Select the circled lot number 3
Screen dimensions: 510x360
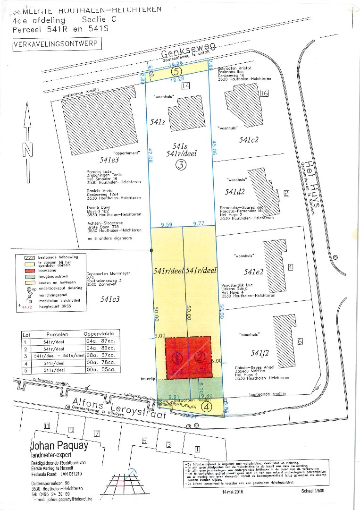(181, 165)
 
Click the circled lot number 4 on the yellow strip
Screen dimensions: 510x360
(207, 405)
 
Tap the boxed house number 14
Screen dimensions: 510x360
(185, 86)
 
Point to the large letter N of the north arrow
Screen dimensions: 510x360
(28, 150)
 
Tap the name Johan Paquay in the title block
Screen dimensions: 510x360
(59, 445)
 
